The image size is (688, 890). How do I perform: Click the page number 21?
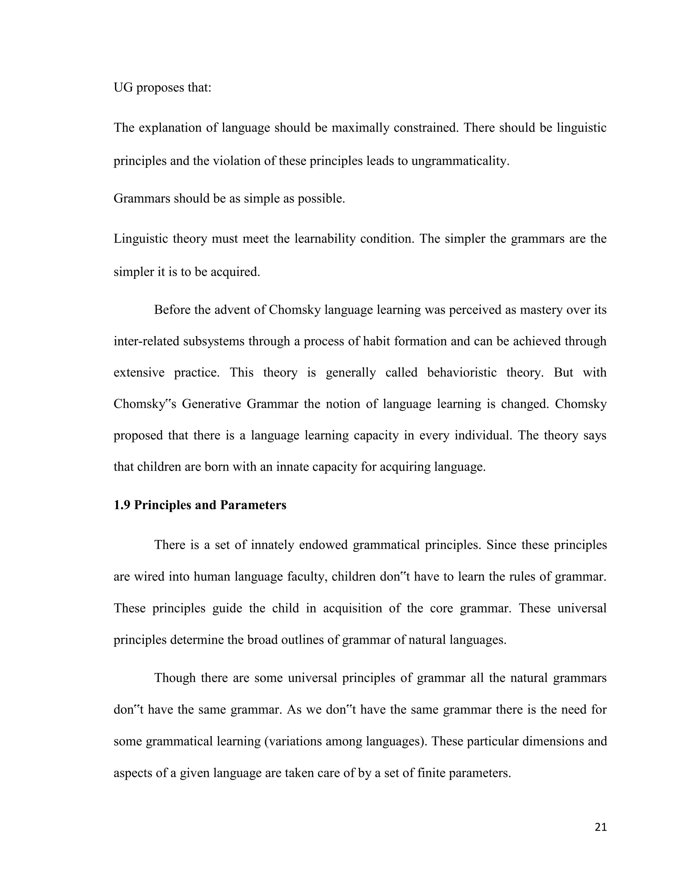[600, 827]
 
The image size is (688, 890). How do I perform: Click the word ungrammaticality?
[460, 161]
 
